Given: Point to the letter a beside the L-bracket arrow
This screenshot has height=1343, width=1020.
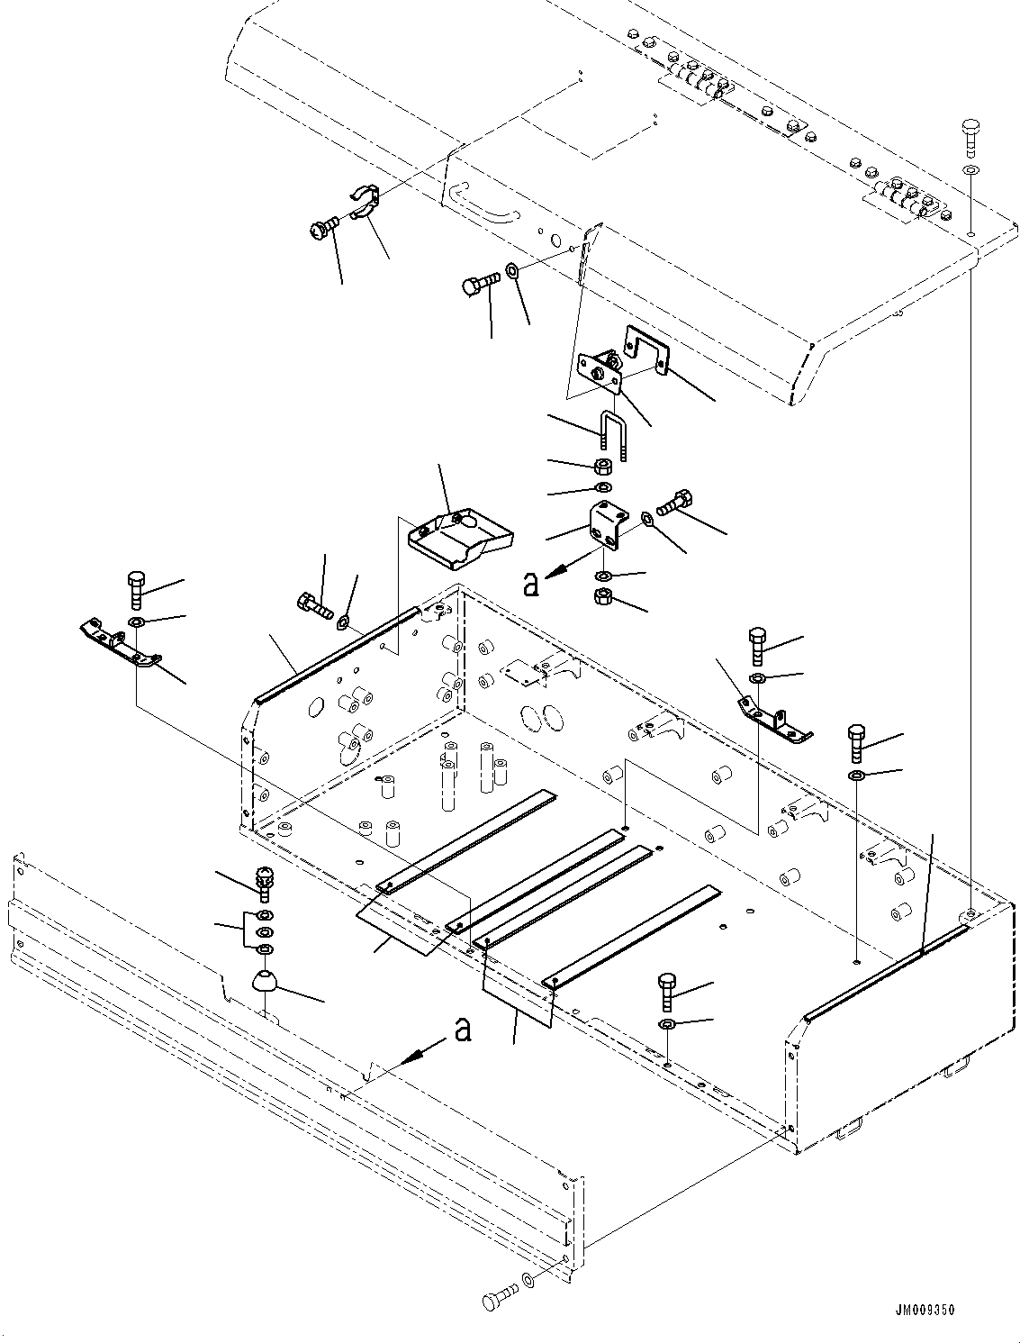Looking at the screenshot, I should tap(530, 585).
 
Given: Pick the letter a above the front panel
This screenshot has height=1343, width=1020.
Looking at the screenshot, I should tap(463, 1030).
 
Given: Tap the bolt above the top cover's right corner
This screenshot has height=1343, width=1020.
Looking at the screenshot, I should tap(971, 133).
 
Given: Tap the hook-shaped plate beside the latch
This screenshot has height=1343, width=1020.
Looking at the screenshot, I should tap(646, 349).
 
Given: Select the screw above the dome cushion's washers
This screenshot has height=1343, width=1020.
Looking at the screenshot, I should tap(264, 881).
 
